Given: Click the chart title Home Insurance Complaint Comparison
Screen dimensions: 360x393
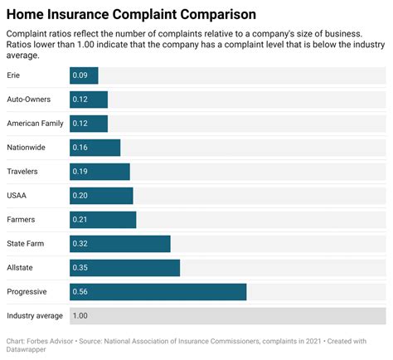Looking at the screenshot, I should [x=130, y=14].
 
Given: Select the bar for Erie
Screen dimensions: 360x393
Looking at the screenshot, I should [x=84, y=75].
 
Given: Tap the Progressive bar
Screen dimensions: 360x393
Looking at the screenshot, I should [x=158, y=292].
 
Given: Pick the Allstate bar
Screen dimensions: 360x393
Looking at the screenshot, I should [x=124, y=268].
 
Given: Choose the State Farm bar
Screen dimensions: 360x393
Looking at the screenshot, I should [x=119, y=244].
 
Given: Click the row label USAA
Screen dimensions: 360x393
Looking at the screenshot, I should [x=17, y=196].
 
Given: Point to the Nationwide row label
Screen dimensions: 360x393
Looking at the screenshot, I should [x=26, y=148].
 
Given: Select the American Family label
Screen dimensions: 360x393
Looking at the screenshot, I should [x=35, y=124].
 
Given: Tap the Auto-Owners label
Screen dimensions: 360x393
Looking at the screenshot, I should [x=29, y=100].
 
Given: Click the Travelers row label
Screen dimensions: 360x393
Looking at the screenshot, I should [x=23, y=172].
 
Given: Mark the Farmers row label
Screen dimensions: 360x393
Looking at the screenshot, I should [x=22, y=220].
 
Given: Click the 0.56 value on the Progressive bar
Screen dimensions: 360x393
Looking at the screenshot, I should [x=80, y=292].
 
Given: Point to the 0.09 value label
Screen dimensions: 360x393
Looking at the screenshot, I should [x=80, y=75].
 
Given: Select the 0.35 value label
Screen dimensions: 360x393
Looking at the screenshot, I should [x=80, y=268].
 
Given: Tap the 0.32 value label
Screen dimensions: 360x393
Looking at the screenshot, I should [x=80, y=244].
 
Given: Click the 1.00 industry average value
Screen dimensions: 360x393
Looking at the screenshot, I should [x=80, y=316].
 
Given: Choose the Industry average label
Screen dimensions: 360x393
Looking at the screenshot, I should [x=34, y=316].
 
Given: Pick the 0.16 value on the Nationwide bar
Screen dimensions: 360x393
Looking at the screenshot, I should [x=80, y=148].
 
